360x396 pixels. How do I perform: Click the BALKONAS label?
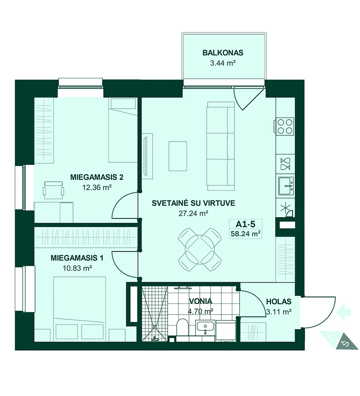click(223, 53)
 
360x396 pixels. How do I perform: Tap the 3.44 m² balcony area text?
click(223, 63)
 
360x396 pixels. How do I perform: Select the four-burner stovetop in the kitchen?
click(285, 126)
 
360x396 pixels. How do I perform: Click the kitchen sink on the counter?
click(286, 186)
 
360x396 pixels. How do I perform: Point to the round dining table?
click(200, 249)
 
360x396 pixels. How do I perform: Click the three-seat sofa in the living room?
click(221, 146)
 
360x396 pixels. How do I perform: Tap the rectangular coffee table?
click(178, 156)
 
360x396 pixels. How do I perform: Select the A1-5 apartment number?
click(245, 224)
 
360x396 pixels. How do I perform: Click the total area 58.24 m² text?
click(246, 234)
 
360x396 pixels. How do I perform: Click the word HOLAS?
click(279, 302)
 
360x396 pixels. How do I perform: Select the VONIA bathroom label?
click(201, 301)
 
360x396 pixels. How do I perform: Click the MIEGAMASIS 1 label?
click(77, 258)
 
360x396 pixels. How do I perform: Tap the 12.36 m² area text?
click(97, 188)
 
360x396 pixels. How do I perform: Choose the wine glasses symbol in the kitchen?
click(285, 164)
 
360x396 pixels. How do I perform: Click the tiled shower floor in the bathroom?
click(154, 314)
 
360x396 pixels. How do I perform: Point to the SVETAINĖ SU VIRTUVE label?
click(193, 203)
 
